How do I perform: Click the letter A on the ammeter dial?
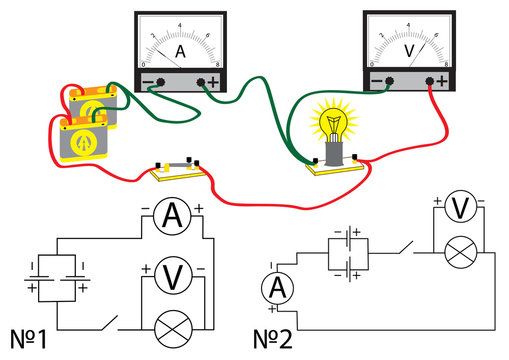click(181, 51)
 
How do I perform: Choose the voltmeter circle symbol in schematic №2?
click(459, 208)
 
